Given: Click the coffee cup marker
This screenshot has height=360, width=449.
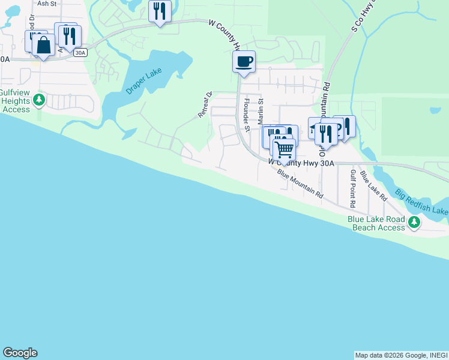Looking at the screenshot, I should (x=244, y=61).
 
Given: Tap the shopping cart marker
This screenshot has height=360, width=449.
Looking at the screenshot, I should (x=284, y=148).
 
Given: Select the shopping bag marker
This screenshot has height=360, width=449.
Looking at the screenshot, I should (x=43, y=44).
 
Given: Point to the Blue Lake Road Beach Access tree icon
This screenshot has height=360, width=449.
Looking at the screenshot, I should (x=414, y=223).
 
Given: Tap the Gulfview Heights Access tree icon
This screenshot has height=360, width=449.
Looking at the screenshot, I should (x=39, y=99).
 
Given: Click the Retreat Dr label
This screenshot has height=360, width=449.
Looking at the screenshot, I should (x=206, y=104).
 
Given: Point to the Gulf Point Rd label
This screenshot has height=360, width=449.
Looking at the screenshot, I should (x=353, y=188).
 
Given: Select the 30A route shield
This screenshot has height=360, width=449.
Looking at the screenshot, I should (x=80, y=53).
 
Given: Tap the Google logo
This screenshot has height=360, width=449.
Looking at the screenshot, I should (x=20, y=353).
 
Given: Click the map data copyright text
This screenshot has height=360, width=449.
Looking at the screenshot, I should (x=401, y=355).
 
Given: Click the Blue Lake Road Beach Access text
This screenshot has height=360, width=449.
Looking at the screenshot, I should (x=376, y=223).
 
